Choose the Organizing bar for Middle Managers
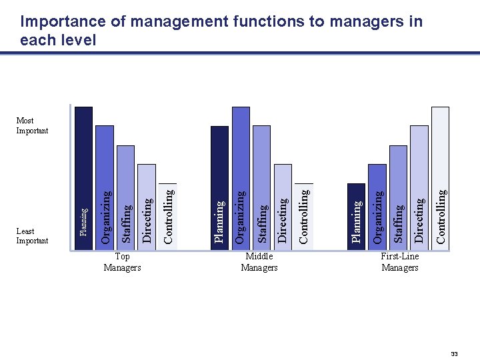point(241,176)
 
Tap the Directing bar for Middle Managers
point(283,203)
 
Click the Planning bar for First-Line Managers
point(357,213)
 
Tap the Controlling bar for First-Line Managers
point(440,176)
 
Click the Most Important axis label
point(32,125)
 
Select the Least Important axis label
point(32,236)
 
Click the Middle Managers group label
point(259,262)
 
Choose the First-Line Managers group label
point(400,262)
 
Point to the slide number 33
point(454,353)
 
